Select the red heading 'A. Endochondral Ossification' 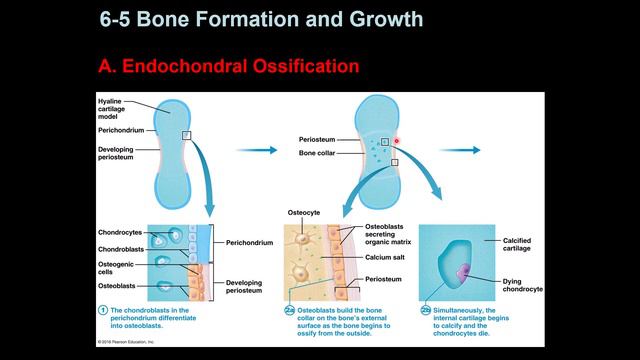pos(228,68)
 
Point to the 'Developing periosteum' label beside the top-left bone pos(117,153)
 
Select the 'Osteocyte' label pos(303,211)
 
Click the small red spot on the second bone pos(396,141)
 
